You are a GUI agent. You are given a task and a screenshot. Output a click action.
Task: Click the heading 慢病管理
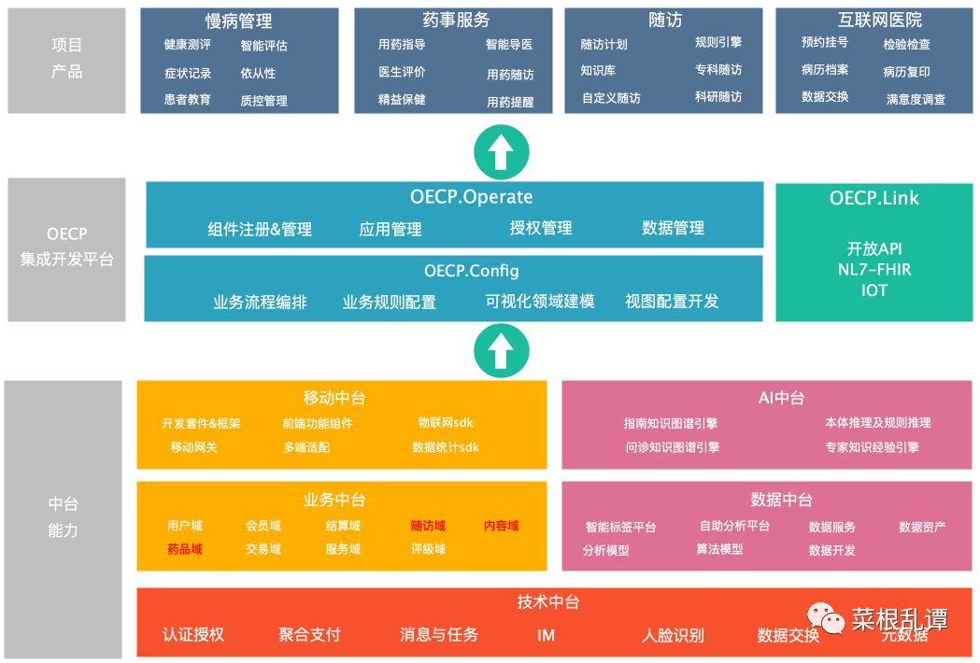click(238, 21)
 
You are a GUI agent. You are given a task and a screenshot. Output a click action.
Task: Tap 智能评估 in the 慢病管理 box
click(263, 46)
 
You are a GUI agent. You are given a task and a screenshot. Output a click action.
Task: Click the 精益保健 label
click(402, 100)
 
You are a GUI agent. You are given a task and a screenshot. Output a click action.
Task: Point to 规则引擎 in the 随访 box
click(718, 42)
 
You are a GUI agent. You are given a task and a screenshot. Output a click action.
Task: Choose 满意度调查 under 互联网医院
click(916, 99)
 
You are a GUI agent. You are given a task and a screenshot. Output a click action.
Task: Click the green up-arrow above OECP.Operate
click(501, 152)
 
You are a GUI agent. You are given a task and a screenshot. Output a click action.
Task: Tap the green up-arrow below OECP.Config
click(501, 350)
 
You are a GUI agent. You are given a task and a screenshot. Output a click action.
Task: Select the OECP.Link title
click(873, 198)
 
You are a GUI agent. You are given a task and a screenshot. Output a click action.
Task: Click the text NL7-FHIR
click(873, 270)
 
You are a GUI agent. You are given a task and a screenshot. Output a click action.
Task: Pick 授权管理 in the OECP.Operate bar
click(541, 228)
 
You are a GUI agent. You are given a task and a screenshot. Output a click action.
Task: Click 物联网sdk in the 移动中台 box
click(446, 423)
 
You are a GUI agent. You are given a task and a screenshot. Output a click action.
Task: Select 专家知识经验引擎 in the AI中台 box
click(872, 447)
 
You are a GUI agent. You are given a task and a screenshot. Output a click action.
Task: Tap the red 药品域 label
click(185, 549)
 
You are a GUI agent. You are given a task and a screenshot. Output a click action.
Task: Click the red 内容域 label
click(501, 526)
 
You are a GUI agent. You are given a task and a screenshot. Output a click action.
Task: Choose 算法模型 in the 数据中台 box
click(719, 549)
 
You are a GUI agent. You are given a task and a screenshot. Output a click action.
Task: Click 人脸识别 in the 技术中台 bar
click(673, 636)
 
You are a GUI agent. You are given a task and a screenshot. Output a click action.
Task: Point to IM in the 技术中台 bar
click(547, 635)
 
